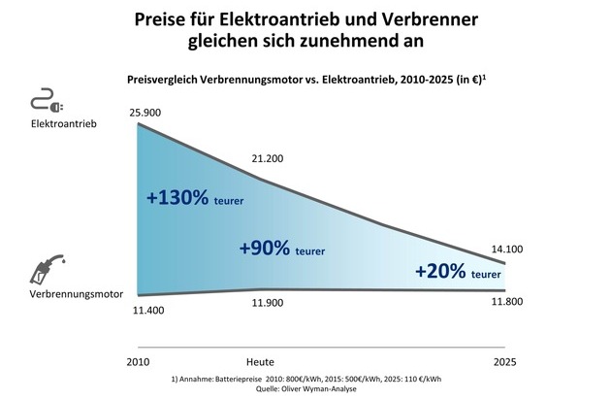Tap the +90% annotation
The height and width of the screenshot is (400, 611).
(x=264, y=247)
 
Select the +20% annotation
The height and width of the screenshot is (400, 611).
(x=440, y=272)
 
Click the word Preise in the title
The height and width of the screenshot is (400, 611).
(x=185, y=20)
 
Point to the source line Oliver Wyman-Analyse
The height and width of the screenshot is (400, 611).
(x=316, y=389)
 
